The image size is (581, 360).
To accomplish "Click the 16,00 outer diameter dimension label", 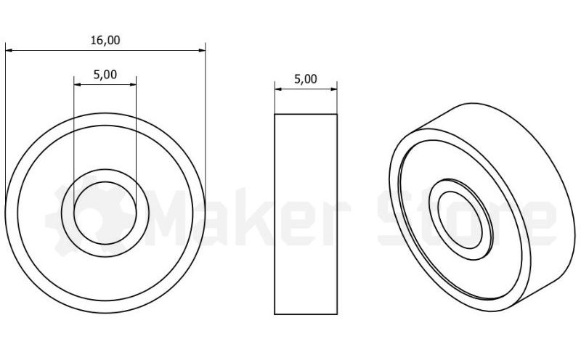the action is click(x=105, y=40).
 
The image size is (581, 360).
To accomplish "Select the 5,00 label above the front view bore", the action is click(x=105, y=75).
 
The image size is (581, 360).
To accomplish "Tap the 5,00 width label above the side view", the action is click(x=306, y=79).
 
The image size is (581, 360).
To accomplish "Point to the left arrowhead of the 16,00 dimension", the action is click(x=9, y=50).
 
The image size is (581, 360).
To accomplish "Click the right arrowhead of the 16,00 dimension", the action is click(x=202, y=50).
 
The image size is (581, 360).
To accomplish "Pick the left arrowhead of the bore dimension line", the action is click(x=78, y=85).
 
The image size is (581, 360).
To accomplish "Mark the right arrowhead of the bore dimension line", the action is click(x=133, y=85).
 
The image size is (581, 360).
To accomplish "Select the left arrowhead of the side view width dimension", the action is click(x=278, y=89).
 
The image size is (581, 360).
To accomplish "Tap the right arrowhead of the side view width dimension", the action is click(x=333, y=89).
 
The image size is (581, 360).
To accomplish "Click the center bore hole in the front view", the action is click(x=105, y=213).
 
